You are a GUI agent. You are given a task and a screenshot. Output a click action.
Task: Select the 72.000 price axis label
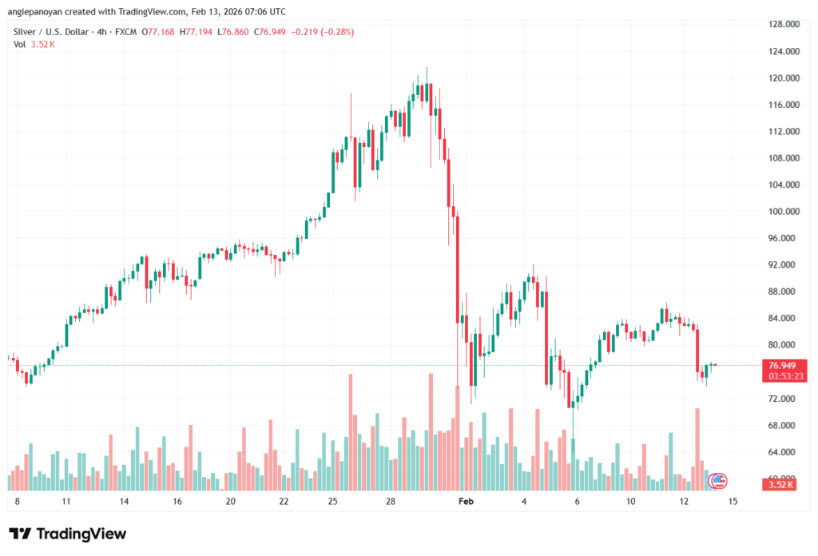(784, 399)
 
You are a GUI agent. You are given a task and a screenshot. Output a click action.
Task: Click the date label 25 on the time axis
(333, 502)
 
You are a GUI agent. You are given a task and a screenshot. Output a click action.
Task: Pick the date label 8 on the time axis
(17, 502)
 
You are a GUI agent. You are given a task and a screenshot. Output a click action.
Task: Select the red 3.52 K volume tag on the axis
(783, 485)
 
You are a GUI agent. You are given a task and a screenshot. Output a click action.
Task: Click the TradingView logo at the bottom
(68, 534)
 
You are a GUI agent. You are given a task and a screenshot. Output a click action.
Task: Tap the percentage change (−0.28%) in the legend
(332, 32)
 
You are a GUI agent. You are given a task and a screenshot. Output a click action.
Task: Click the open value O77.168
(157, 32)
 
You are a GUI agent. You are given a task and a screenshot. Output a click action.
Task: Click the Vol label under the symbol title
(20, 44)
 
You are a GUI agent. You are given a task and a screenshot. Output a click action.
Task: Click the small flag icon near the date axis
(718, 481)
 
